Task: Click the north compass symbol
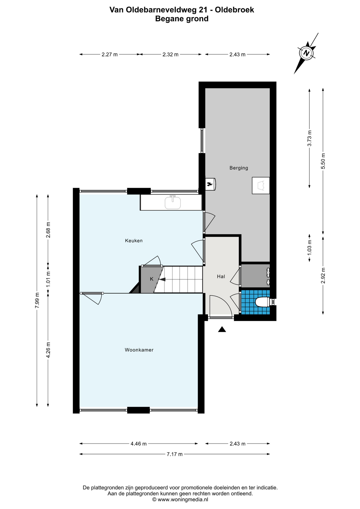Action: coord(306,53)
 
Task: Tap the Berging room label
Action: coord(239,168)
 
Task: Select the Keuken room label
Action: coord(134,241)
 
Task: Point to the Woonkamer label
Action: coord(139,350)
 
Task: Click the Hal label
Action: coord(221,277)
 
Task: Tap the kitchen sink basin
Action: coord(173,203)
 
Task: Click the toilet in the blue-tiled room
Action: coord(263,302)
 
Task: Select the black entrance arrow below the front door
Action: coord(222,329)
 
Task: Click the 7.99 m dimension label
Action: coord(37,300)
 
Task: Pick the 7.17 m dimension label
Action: coord(174,454)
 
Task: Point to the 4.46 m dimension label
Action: coord(139,444)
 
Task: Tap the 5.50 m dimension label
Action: coord(323,161)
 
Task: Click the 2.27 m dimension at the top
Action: coord(109,55)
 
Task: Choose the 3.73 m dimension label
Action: coord(309,138)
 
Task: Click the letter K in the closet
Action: coord(152,279)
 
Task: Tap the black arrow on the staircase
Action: coord(162,279)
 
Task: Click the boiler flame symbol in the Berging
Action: coord(210,184)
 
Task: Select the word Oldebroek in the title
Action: coord(234,10)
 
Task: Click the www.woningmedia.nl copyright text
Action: coord(180,499)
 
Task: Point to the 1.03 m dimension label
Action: coord(309,248)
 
